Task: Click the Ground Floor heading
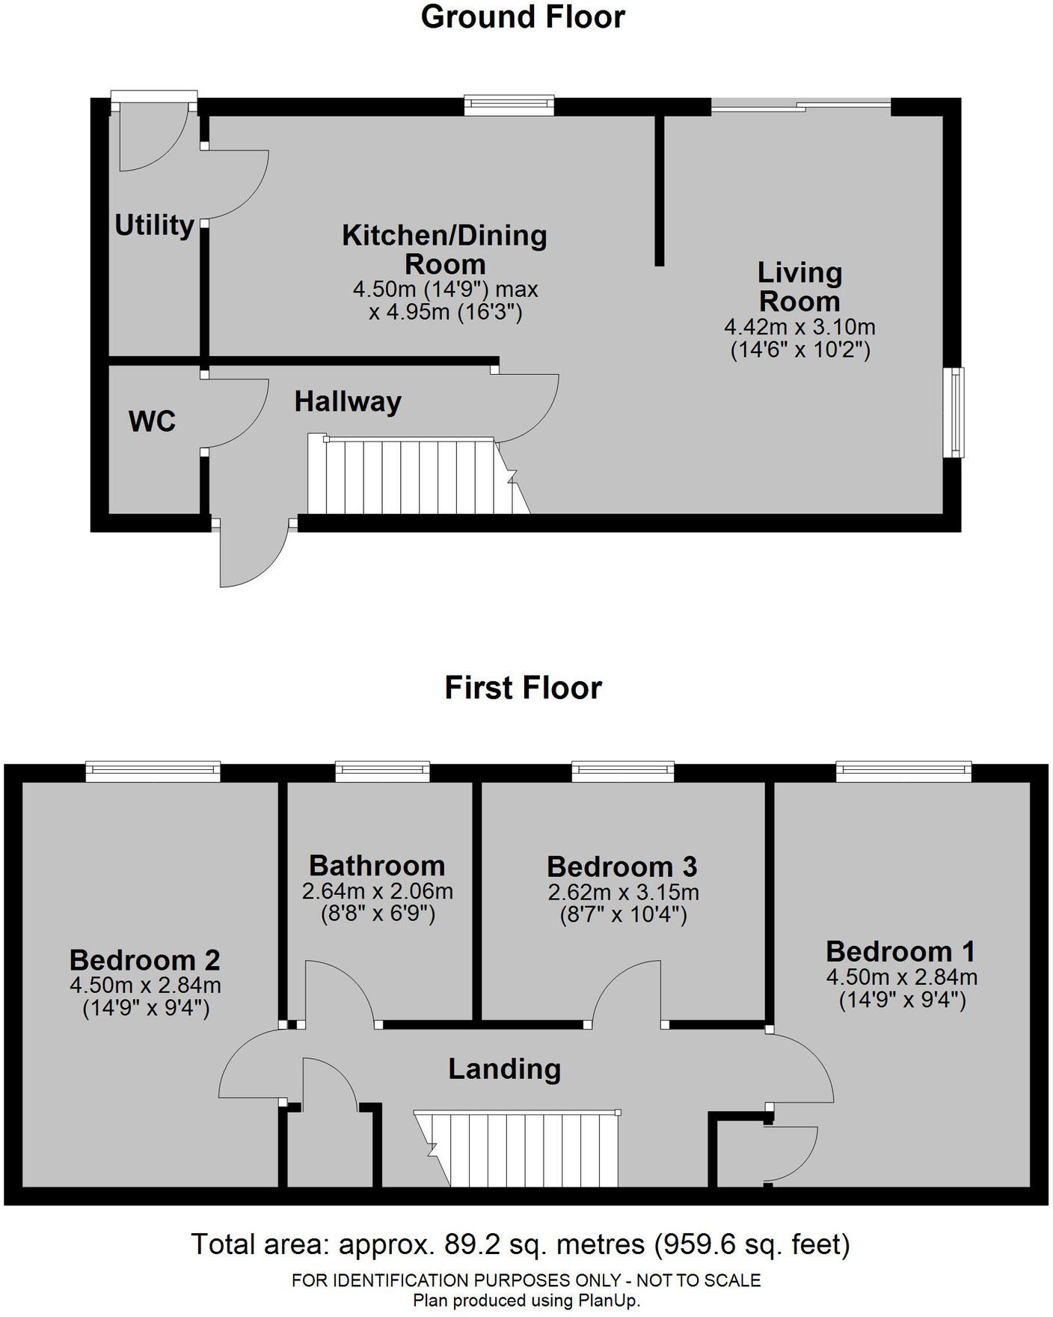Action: [523, 17]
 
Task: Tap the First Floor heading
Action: [523, 688]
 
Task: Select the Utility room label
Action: [154, 224]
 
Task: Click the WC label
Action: [152, 421]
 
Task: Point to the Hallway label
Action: [348, 402]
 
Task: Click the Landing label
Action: [505, 1069]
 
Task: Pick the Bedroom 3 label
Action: [621, 867]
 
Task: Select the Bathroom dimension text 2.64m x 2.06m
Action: [378, 891]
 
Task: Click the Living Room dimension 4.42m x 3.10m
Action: [799, 327]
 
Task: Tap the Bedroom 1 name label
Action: [900, 951]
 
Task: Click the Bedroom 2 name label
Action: [145, 960]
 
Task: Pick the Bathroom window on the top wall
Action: [382, 771]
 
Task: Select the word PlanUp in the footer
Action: [608, 1301]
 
